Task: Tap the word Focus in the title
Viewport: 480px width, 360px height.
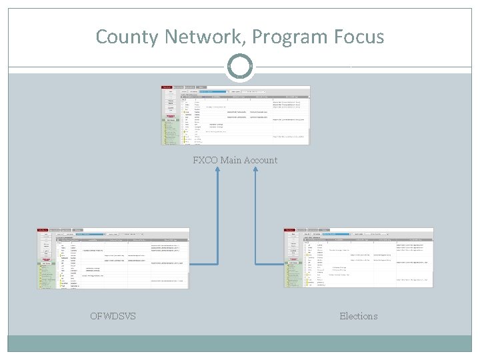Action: pyautogui.click(x=359, y=36)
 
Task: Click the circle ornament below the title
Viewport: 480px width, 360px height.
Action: pyautogui.click(x=240, y=67)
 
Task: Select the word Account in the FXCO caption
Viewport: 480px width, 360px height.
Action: pyautogui.click(x=262, y=160)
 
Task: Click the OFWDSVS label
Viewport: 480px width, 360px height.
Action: pyautogui.click(x=113, y=316)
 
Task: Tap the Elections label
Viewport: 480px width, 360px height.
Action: pyautogui.click(x=359, y=316)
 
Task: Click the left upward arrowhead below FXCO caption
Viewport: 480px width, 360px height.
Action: pyautogui.click(x=217, y=171)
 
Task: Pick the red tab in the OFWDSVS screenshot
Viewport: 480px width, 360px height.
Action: pyautogui.click(x=43, y=229)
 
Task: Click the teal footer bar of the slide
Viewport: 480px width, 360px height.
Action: pyautogui.click(x=240, y=343)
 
